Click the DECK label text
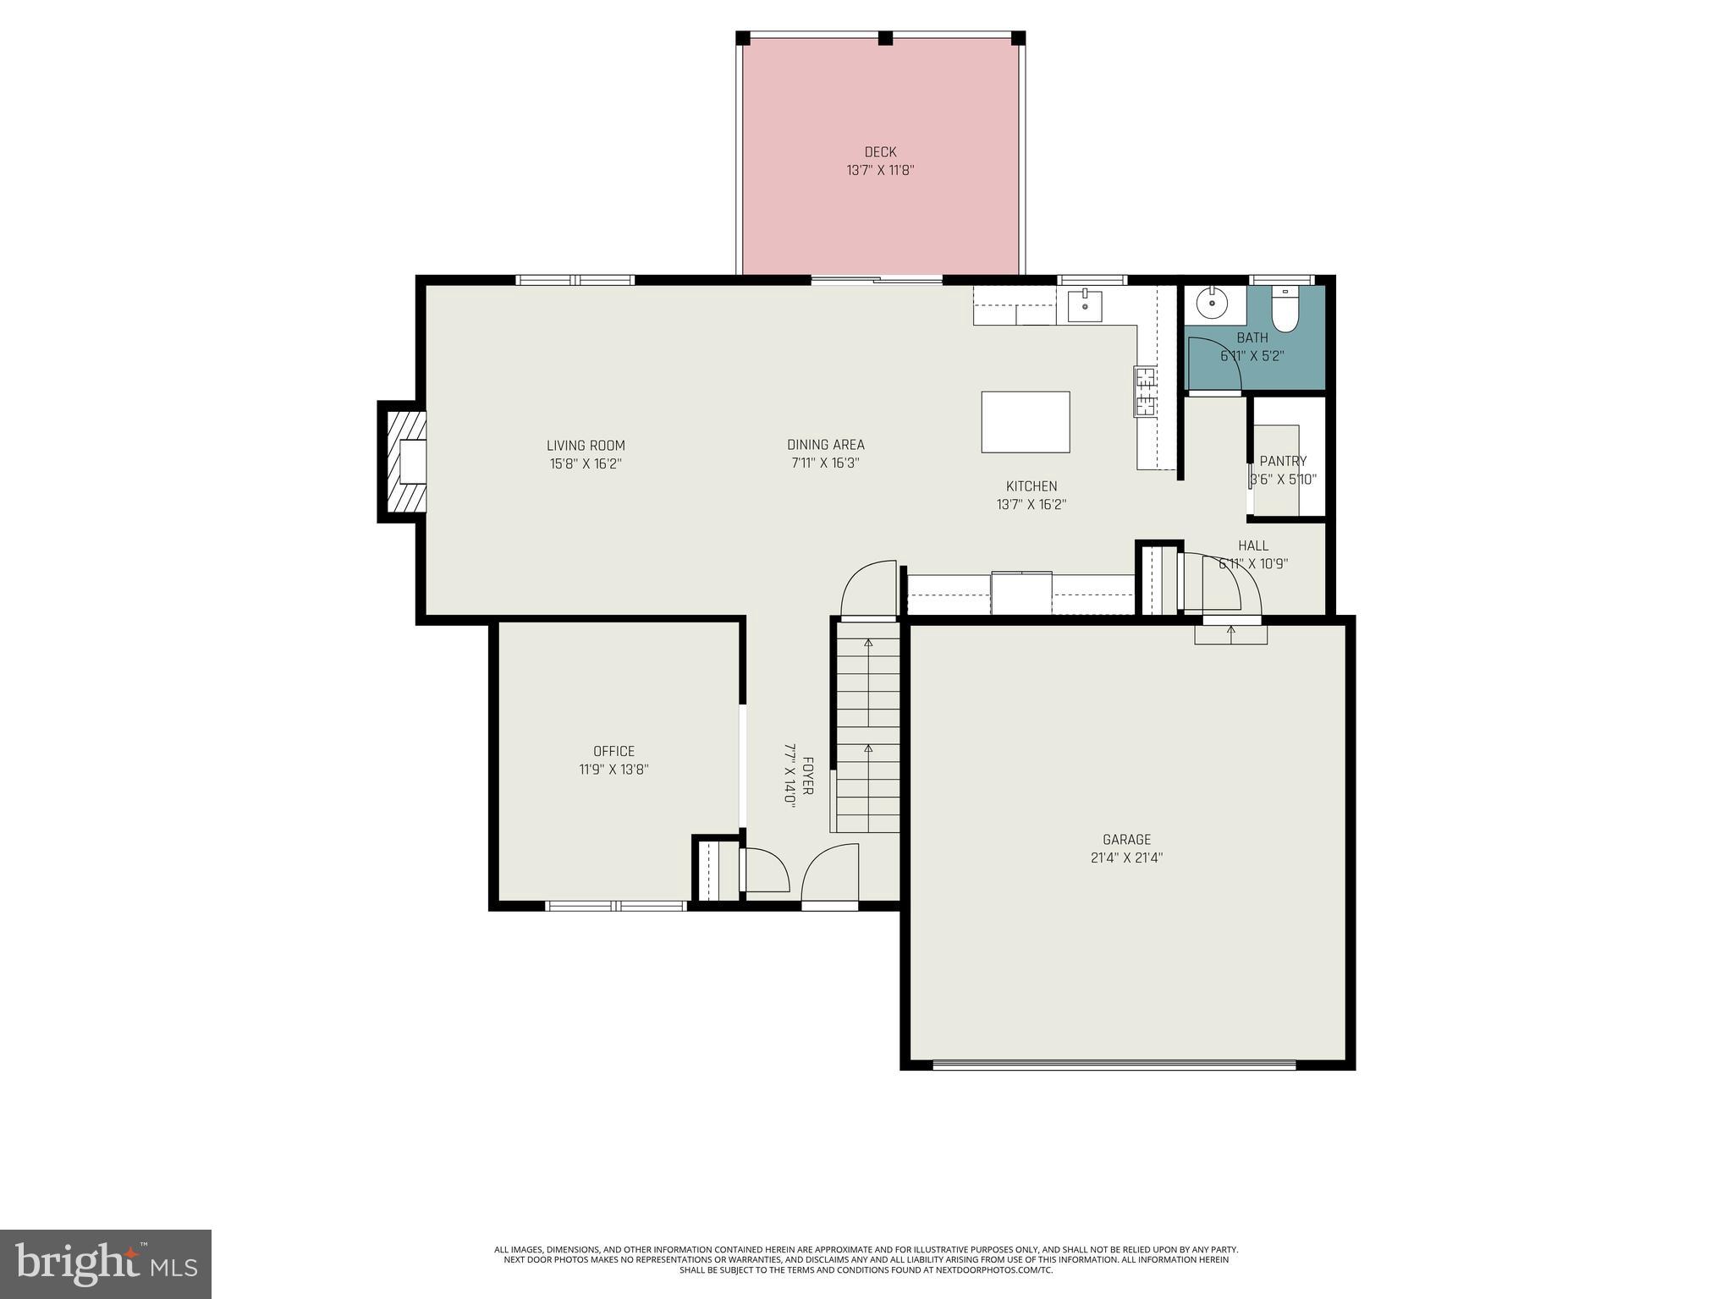880,152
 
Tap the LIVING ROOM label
586,446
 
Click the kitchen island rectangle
1026,422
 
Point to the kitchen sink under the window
1084,306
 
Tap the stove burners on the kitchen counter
1145,392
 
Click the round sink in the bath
1213,300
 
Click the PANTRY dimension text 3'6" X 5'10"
1284,480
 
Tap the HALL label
1253,545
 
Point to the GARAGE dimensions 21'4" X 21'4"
1126,858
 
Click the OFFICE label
613,751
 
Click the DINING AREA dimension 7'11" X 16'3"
825,463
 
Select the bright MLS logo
106,1263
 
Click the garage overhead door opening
1114,1066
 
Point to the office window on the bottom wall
615,906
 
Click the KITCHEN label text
1031,486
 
